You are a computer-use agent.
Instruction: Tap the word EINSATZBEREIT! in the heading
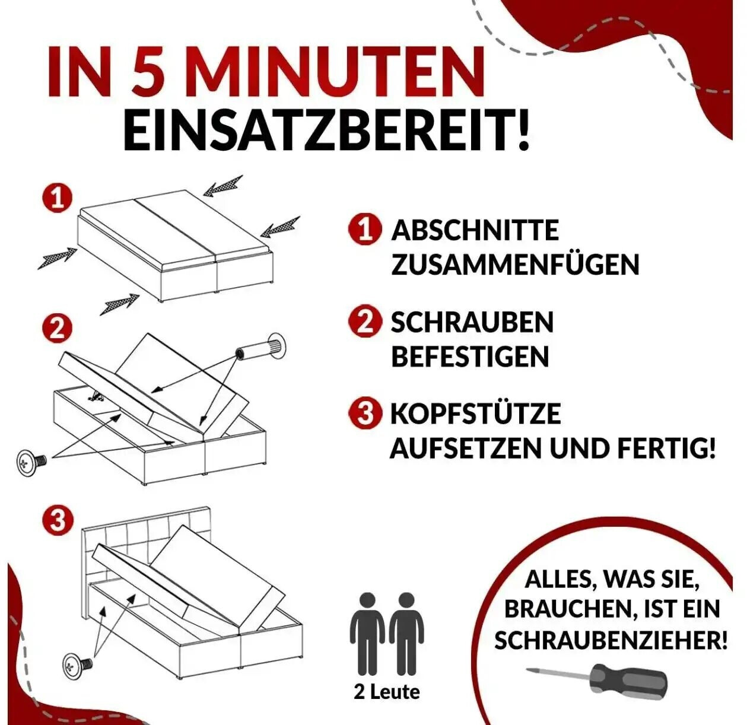[326, 131]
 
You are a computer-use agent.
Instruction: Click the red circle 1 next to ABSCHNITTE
[365, 230]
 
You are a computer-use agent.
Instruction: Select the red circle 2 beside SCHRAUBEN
[365, 322]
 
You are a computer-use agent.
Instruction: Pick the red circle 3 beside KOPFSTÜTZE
[365, 414]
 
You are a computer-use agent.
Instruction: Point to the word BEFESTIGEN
[470, 357]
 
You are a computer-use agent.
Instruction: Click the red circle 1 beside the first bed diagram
[58, 199]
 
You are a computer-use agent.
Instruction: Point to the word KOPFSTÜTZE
[476, 414]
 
